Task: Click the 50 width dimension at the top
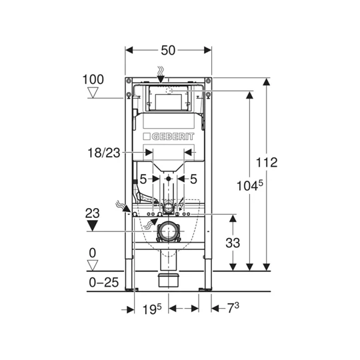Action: coord(168,50)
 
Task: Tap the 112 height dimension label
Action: coord(267,162)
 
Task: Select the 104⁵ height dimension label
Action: coord(250,185)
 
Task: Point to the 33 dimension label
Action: coord(233,243)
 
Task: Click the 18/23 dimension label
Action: coord(104,153)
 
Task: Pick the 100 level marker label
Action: coord(93,79)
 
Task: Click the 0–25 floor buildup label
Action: coord(104,282)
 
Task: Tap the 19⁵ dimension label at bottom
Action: coord(152,309)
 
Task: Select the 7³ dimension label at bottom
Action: coord(233,308)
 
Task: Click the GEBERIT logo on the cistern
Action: coord(169,137)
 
